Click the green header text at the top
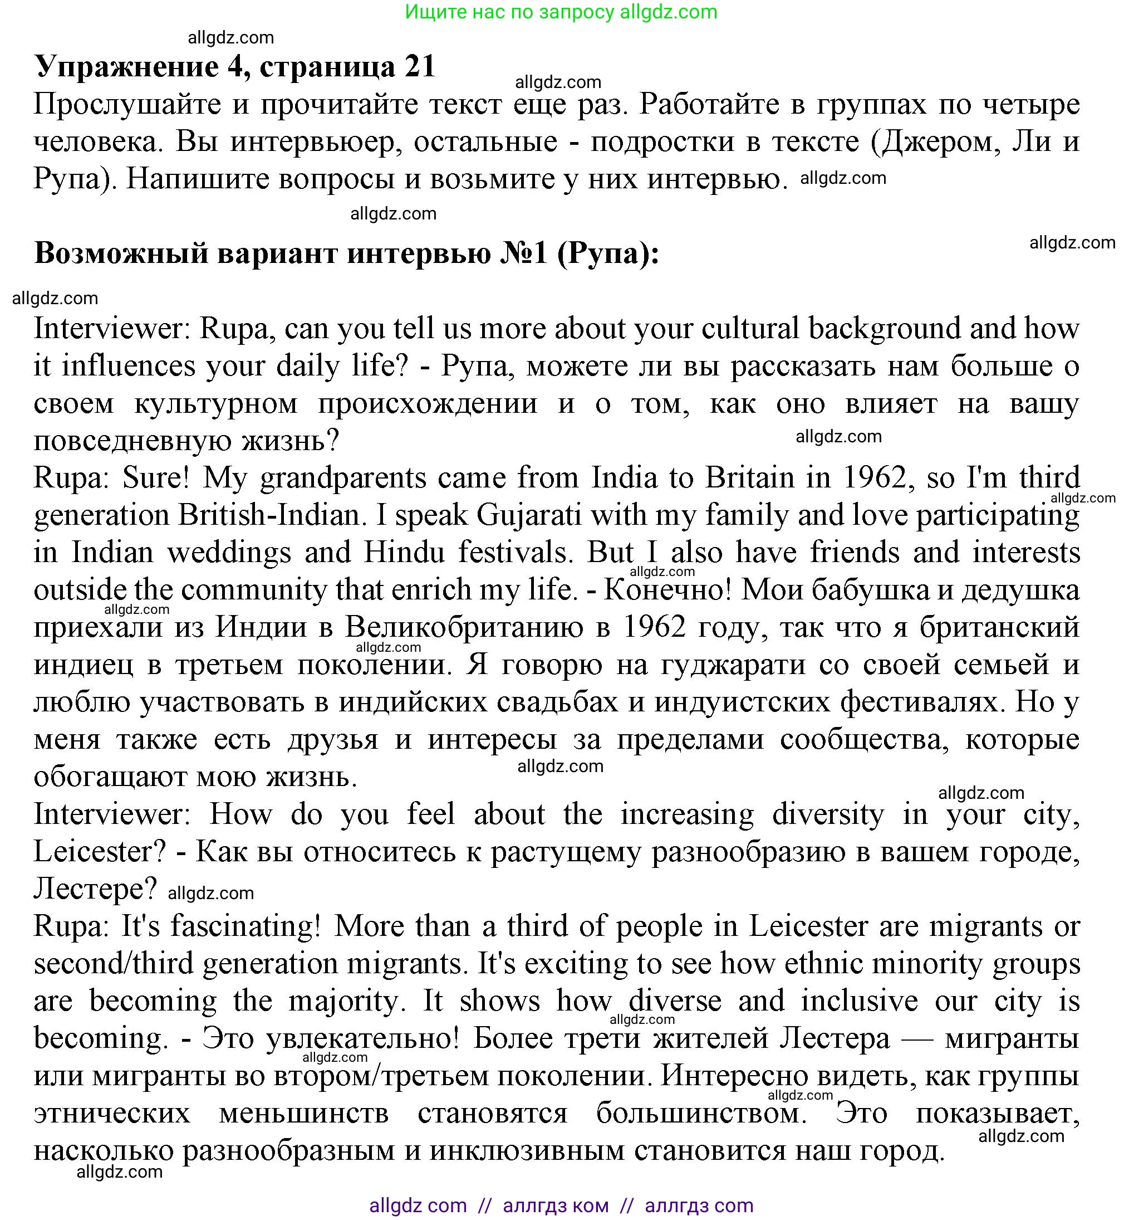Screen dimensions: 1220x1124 click(x=561, y=12)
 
